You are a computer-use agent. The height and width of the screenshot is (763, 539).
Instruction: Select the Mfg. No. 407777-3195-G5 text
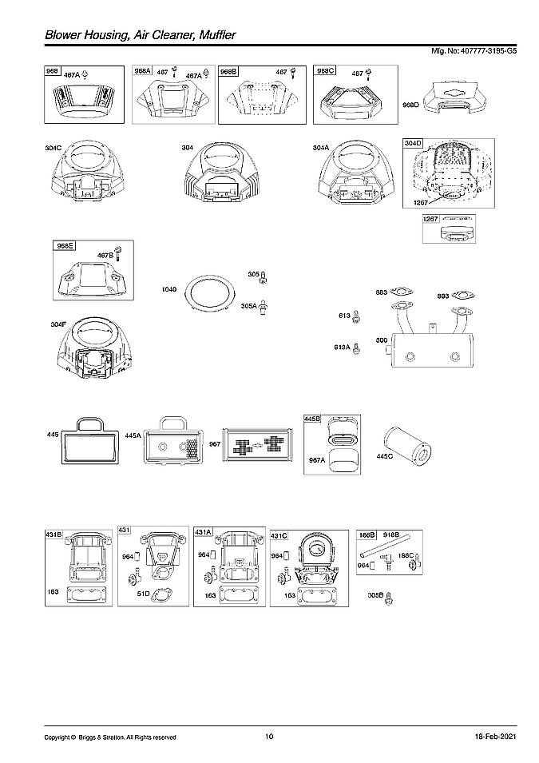[474, 51]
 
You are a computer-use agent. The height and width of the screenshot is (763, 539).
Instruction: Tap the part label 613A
[342, 348]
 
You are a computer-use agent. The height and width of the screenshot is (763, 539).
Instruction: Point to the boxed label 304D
[413, 143]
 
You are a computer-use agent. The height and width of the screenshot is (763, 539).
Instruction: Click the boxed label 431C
[279, 534]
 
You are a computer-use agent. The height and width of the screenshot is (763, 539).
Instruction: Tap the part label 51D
[144, 594]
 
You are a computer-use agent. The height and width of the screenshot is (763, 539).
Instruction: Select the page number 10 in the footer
[269, 736]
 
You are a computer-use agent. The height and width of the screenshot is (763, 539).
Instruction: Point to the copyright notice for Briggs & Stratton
[109, 737]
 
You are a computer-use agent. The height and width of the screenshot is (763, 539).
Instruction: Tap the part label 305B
[375, 595]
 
